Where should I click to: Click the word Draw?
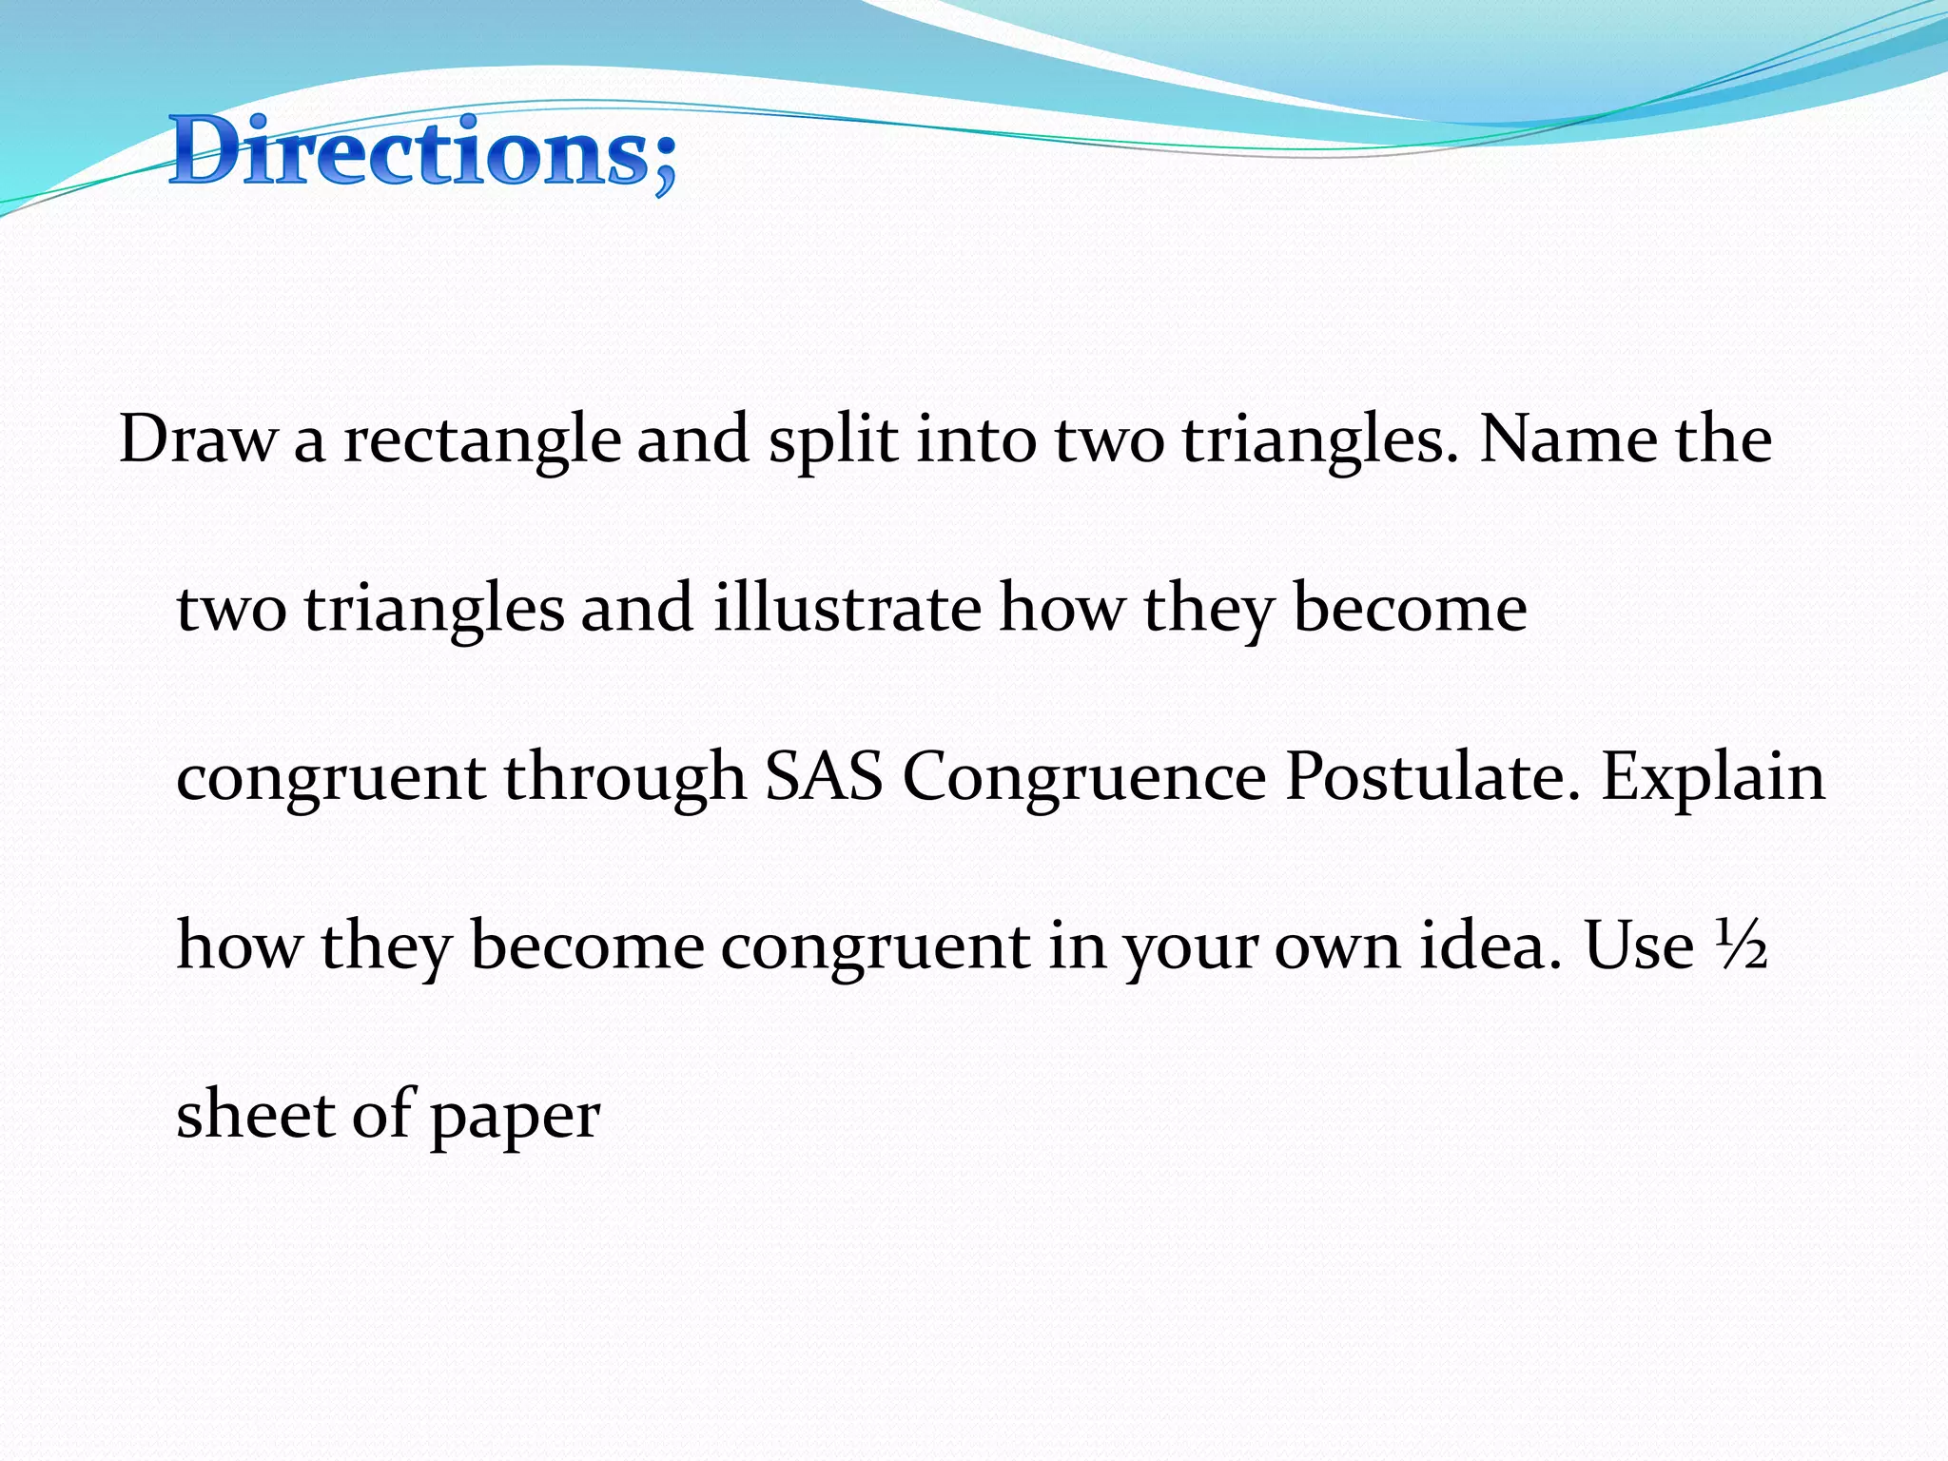coord(197,439)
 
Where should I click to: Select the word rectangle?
coord(481,441)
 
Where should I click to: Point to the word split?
coord(832,441)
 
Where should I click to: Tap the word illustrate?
coord(847,609)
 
